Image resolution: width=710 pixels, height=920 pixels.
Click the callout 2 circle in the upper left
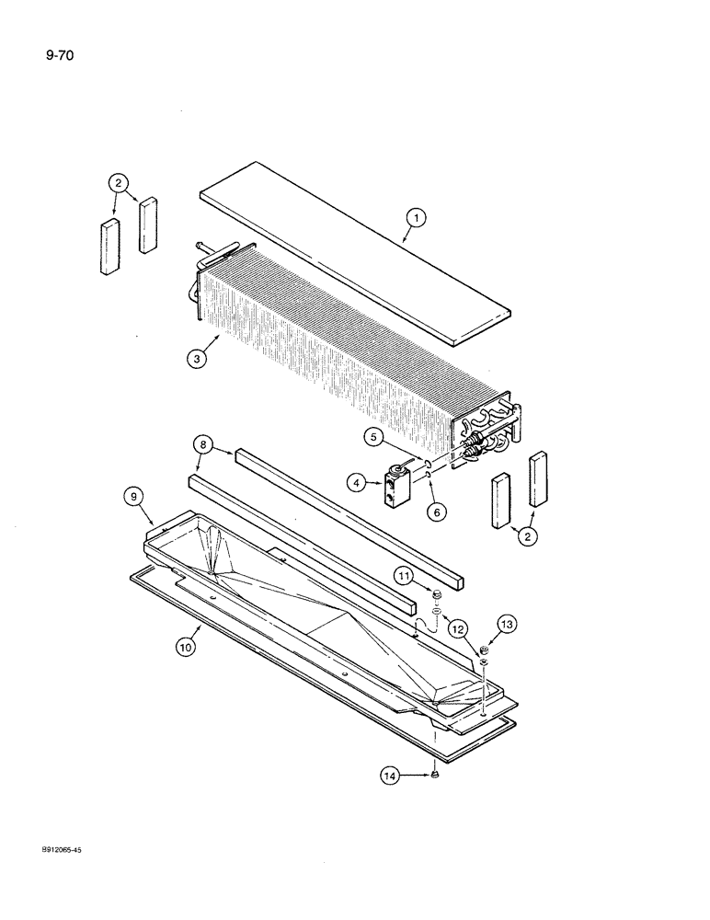point(119,183)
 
